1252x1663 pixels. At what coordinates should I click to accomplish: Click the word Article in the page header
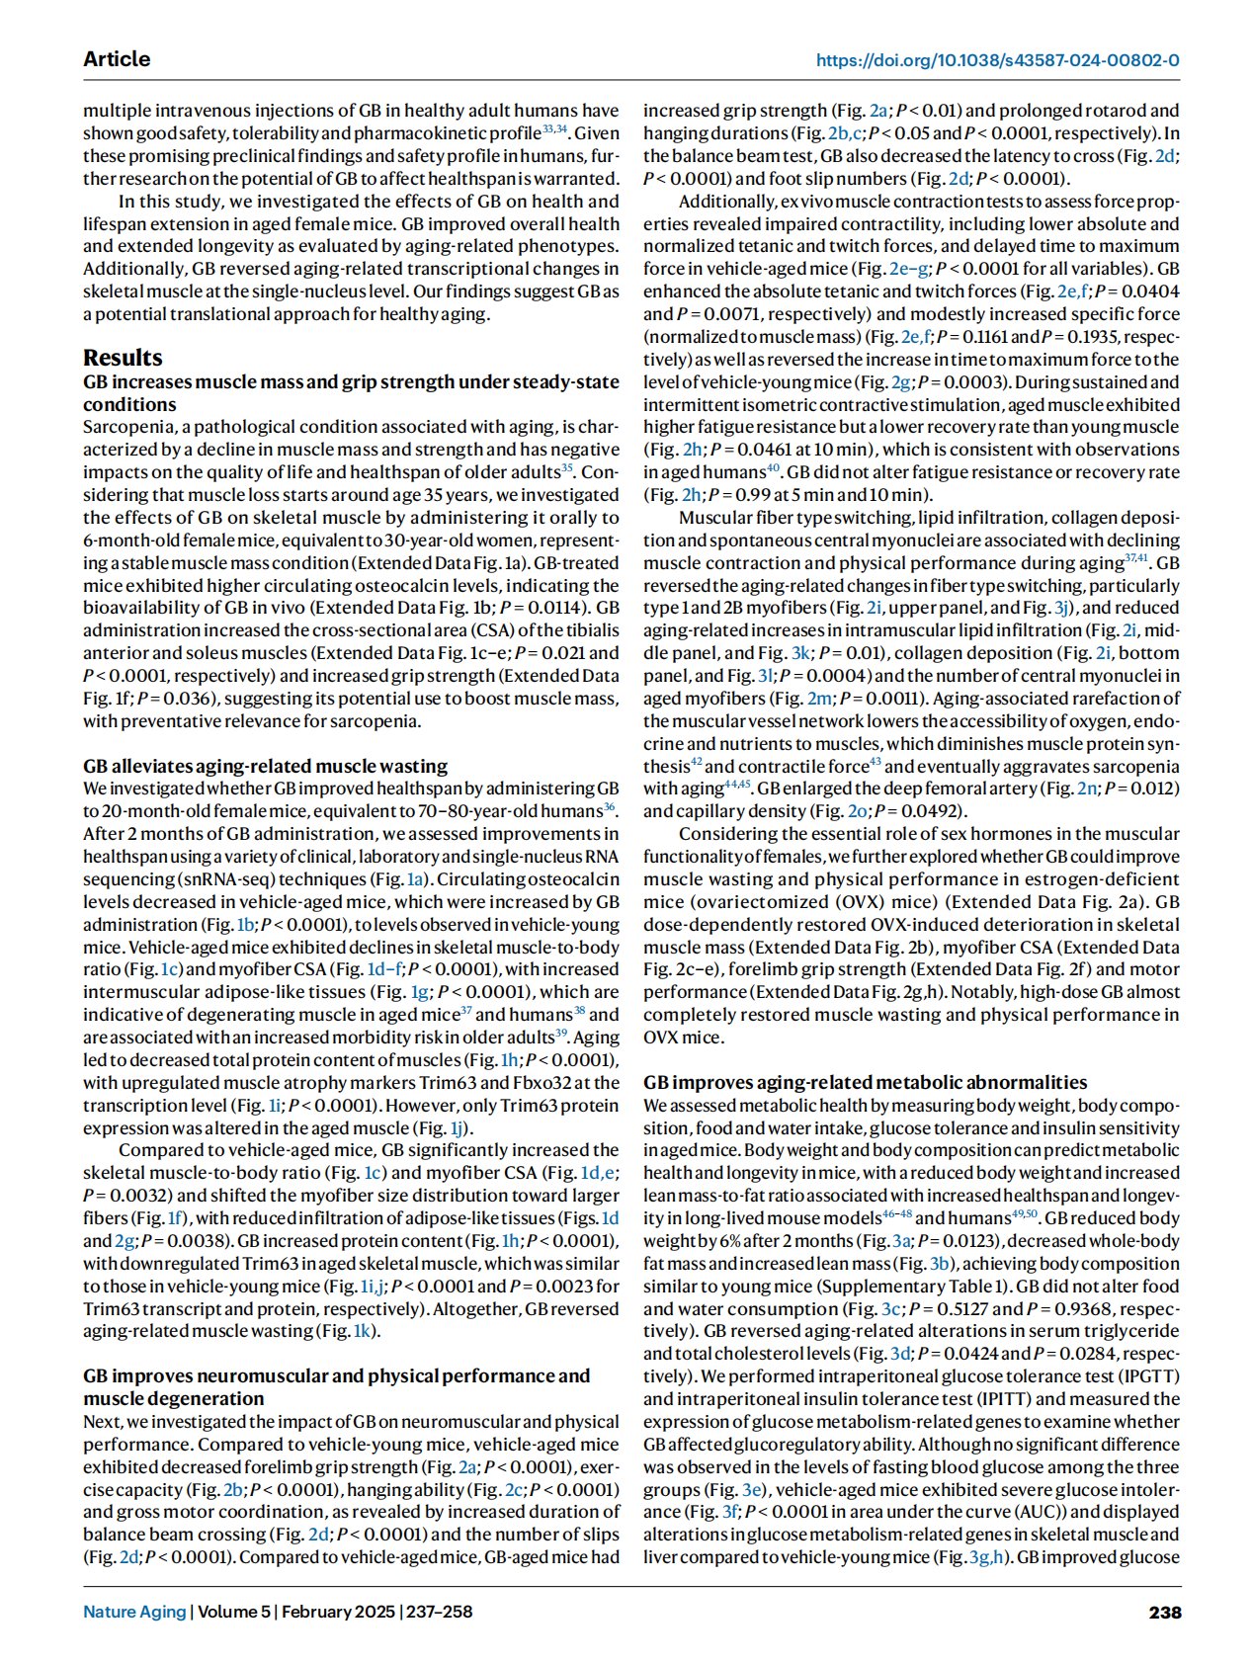(117, 59)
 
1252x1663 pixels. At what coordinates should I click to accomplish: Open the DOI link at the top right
(997, 60)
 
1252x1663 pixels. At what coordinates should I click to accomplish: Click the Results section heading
(123, 357)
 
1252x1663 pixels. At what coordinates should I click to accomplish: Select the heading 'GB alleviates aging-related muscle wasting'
(265, 766)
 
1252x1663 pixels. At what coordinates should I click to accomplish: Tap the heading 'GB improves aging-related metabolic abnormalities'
(865, 1082)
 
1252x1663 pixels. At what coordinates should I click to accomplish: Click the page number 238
(1164, 1612)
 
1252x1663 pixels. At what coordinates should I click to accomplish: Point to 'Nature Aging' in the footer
(134, 1612)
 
